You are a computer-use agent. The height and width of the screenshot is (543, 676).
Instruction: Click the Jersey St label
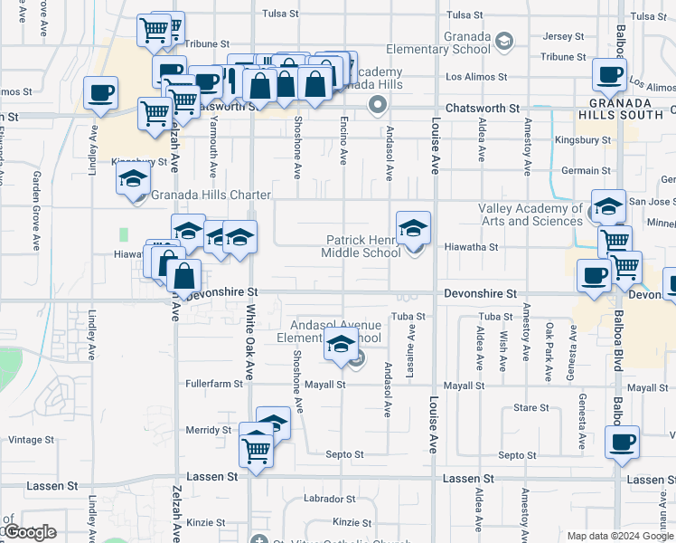point(564,36)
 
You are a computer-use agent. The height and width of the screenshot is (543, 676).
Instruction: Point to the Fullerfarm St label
point(214,384)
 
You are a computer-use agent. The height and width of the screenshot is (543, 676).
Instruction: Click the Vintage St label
point(31,440)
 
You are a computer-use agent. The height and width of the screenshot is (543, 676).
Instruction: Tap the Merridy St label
point(208,430)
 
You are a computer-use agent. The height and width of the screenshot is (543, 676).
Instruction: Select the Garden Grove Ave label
point(37,210)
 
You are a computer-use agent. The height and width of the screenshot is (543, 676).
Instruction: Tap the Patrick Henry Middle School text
point(361,246)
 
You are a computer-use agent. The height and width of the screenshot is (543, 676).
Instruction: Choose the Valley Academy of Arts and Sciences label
point(530,214)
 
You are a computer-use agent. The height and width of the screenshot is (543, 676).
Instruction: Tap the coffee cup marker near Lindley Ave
point(99,92)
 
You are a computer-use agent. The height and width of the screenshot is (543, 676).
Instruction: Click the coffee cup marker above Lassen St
point(622,443)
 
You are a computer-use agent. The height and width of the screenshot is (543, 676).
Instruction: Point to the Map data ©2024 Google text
point(620,536)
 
